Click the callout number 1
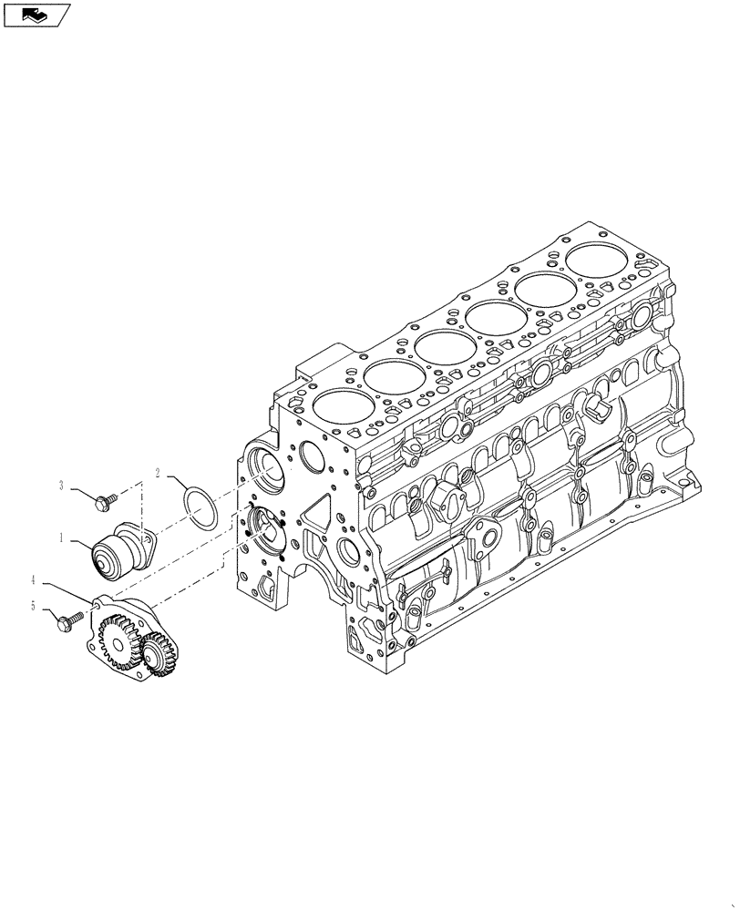[x=61, y=538]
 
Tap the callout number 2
[x=158, y=473]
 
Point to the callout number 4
[x=34, y=579]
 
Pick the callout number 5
[x=34, y=607]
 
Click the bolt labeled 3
[x=104, y=498]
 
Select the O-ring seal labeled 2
[x=199, y=507]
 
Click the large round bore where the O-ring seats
[x=265, y=464]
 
